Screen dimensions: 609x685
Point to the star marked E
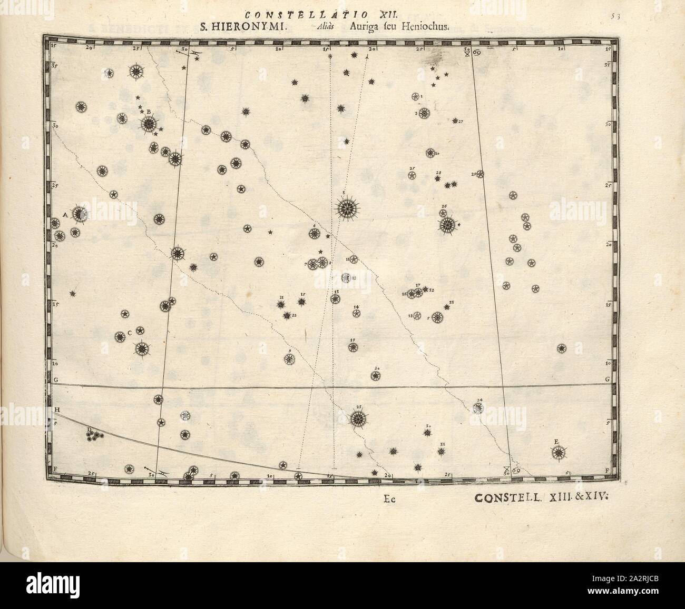point(559,452)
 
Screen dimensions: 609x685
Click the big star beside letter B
point(149,124)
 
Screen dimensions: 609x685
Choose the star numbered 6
point(314,234)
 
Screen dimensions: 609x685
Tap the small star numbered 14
point(357,314)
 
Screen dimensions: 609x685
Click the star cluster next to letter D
point(95,434)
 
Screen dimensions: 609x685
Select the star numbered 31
point(442,451)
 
